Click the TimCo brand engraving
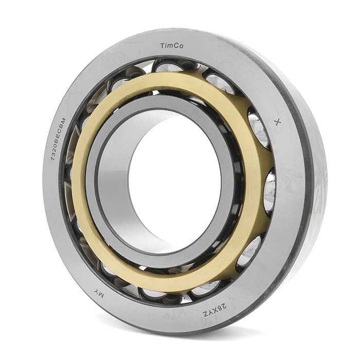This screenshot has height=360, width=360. [x=172, y=46]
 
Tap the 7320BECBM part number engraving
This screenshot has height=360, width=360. [x=58, y=139]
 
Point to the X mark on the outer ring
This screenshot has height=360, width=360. [x=278, y=122]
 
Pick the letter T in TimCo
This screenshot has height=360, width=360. [x=163, y=46]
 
